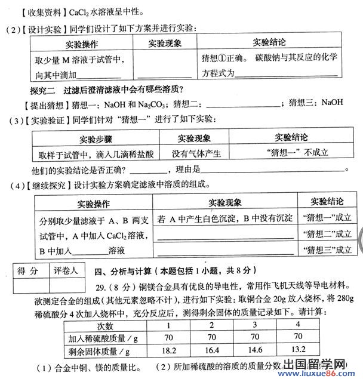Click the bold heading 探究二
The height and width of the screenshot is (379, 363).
(42, 90)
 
